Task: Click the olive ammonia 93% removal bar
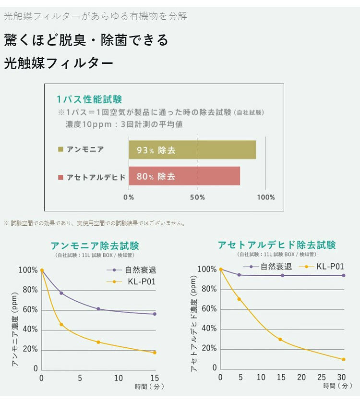[x=192, y=150]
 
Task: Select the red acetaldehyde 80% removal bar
[x=184, y=176]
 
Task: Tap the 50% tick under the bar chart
[x=197, y=197]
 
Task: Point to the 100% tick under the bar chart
[x=266, y=197]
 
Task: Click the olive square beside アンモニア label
[x=60, y=150]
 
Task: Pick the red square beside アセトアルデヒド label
[x=60, y=177]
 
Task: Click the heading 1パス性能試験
[x=89, y=99]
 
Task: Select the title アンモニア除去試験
[x=95, y=246]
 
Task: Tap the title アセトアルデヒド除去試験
[x=277, y=245]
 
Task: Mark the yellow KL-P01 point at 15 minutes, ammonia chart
[x=155, y=353]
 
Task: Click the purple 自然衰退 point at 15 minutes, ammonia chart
[x=155, y=314]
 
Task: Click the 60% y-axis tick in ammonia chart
[x=28, y=310]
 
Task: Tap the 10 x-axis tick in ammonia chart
[x=118, y=379]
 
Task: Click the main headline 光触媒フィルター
[x=59, y=63]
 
